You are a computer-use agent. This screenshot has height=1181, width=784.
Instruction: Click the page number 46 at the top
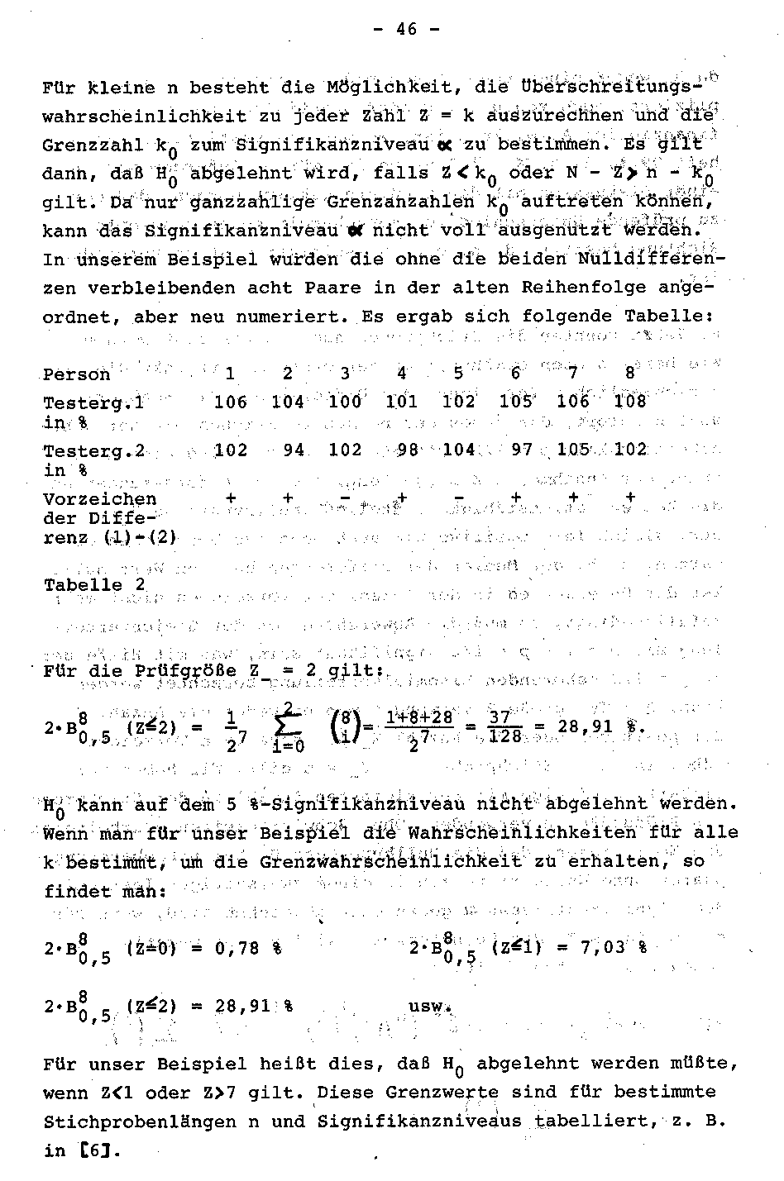(405, 30)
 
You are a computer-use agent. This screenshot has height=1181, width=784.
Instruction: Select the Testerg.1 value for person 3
(345, 402)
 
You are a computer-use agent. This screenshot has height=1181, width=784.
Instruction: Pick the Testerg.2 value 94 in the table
(293, 450)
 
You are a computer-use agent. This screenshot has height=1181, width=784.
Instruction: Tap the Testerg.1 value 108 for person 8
(631, 402)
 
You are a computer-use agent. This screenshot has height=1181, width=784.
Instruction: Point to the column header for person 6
(515, 374)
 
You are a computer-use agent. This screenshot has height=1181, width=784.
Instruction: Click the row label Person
(76, 374)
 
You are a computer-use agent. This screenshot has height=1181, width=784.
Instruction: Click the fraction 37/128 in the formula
(504, 726)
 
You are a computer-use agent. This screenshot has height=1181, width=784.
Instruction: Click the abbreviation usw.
(431, 1007)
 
